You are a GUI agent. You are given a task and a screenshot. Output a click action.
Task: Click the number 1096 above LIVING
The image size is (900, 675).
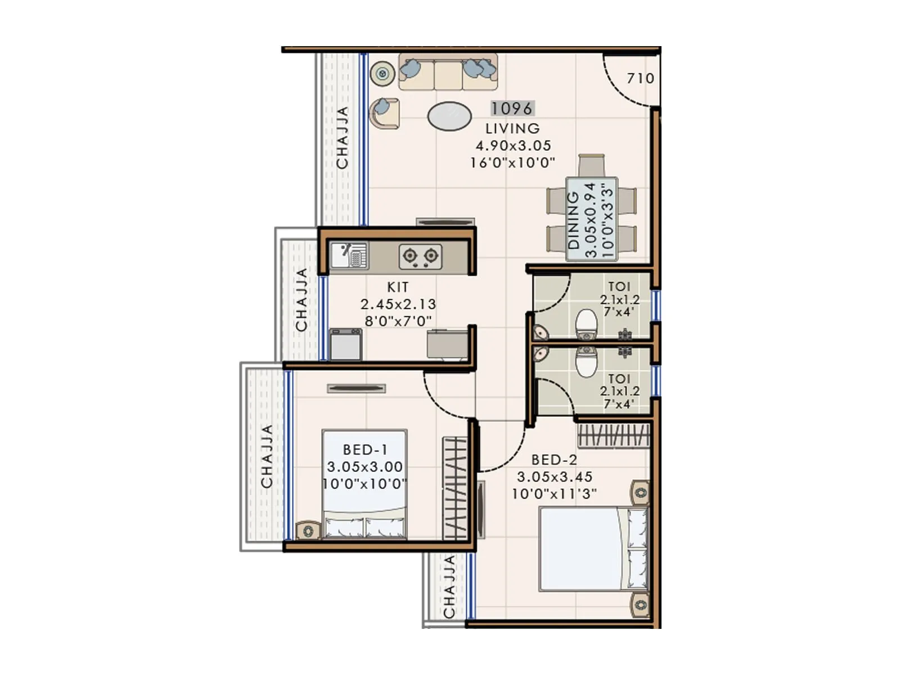[x=511, y=108]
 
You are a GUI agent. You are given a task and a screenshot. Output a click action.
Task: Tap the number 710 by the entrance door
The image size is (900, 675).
[x=640, y=78]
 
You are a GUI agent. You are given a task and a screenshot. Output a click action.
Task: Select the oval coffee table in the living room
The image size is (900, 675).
[x=449, y=116]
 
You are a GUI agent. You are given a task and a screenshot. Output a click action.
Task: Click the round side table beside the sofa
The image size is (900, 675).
[x=382, y=73]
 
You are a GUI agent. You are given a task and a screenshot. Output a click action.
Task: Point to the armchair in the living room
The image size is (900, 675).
[x=384, y=112]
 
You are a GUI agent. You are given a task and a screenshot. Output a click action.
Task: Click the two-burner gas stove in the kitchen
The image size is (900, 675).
[x=420, y=256]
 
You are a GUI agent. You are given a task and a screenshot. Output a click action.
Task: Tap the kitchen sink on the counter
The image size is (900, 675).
[x=349, y=256]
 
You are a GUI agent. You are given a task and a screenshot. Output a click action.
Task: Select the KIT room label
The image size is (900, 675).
[x=398, y=287]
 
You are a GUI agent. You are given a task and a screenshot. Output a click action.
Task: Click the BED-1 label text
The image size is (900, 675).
[x=364, y=450]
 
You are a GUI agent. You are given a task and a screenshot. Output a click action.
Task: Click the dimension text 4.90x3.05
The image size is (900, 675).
[x=513, y=146]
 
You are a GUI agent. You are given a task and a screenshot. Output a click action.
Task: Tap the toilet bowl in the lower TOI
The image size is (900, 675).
[x=586, y=361]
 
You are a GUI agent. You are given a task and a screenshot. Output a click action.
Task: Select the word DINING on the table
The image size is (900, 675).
[x=573, y=220]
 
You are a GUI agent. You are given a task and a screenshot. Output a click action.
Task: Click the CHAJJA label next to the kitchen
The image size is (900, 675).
[x=301, y=299]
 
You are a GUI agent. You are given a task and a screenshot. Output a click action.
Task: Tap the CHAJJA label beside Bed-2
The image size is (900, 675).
[x=449, y=587]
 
